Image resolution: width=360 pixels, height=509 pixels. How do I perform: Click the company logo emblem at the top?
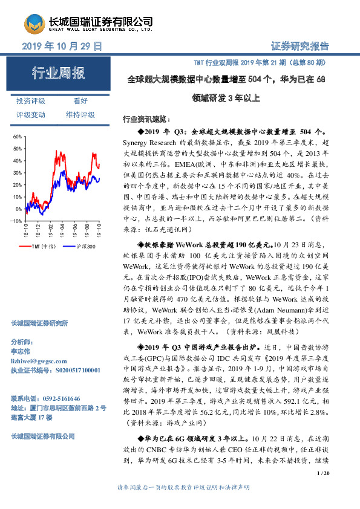38,24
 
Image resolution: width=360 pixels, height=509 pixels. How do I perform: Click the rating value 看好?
80,101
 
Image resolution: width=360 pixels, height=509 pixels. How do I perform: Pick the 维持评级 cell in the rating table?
80,114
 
